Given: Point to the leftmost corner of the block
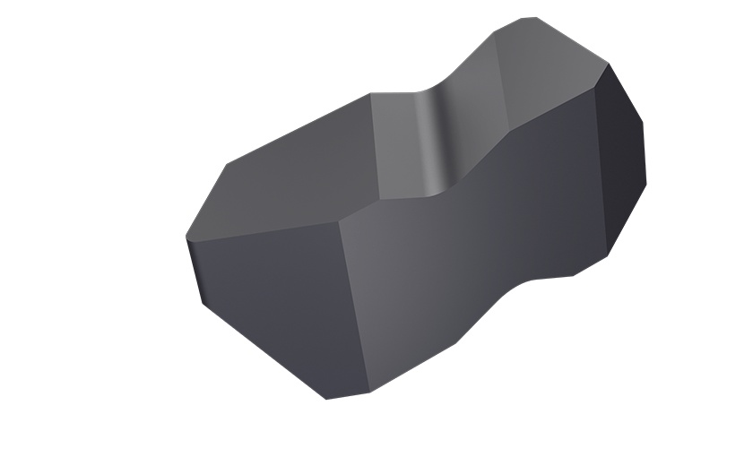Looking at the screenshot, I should (186, 237).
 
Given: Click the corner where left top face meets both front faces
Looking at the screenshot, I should (341, 220).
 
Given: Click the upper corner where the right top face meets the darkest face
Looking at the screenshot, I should (609, 64).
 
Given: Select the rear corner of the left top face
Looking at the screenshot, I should (370, 94).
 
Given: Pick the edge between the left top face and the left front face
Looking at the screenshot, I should (264, 229).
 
